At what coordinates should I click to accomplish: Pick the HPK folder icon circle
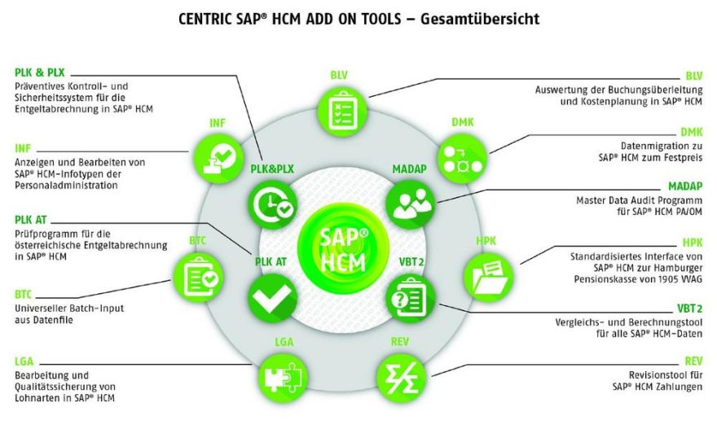488,277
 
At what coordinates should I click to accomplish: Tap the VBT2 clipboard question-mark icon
410,299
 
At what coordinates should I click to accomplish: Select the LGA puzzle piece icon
284,379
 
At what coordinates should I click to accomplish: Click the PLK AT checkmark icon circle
272,298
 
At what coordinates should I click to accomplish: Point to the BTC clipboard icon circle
199,277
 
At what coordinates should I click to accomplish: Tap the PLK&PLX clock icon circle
272,204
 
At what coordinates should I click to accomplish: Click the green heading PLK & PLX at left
40,72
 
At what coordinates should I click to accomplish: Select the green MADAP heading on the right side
685,186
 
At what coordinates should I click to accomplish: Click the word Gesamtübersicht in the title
480,20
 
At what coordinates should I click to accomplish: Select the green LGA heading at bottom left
24,361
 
